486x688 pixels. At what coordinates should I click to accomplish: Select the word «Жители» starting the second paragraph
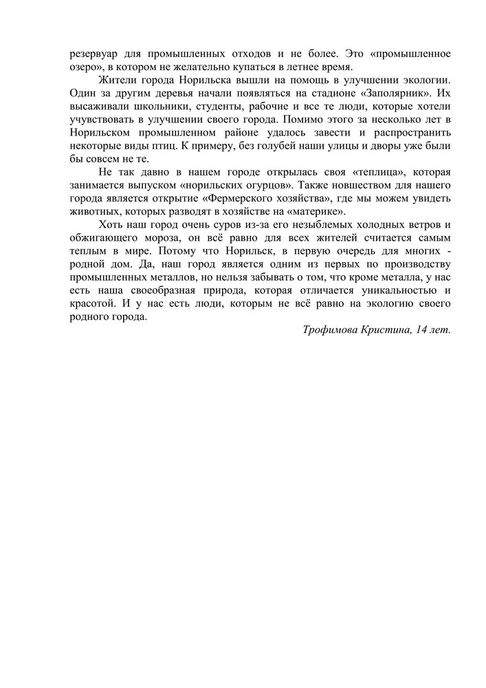(x=117, y=80)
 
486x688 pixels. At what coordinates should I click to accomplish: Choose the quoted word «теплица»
(x=376, y=171)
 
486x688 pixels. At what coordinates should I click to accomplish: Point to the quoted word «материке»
(x=317, y=211)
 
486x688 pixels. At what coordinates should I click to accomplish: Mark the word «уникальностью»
(x=395, y=290)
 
